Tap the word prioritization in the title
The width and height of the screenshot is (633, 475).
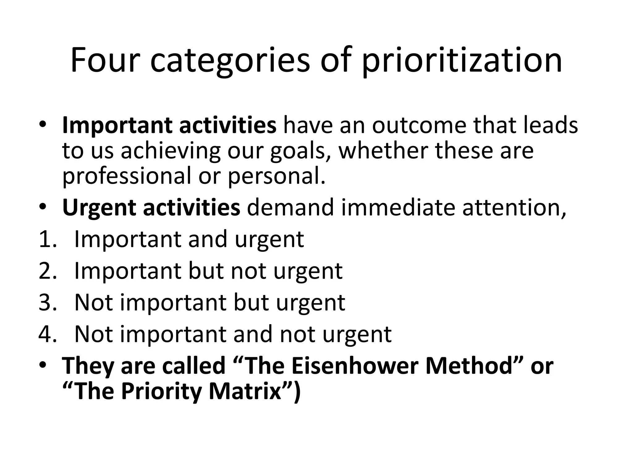coord(461,61)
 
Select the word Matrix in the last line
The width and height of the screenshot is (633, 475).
coord(244,391)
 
